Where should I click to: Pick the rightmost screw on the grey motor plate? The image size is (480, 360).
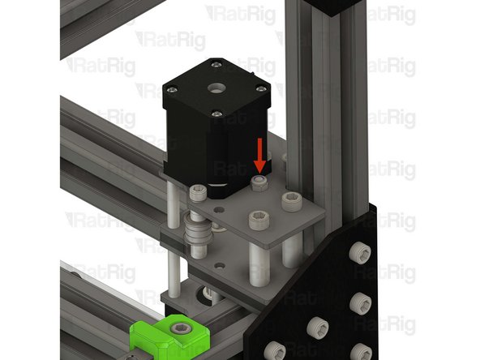(289, 197)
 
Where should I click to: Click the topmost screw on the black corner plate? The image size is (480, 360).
(358, 251)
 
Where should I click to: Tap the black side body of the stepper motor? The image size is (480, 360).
(195, 142)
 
